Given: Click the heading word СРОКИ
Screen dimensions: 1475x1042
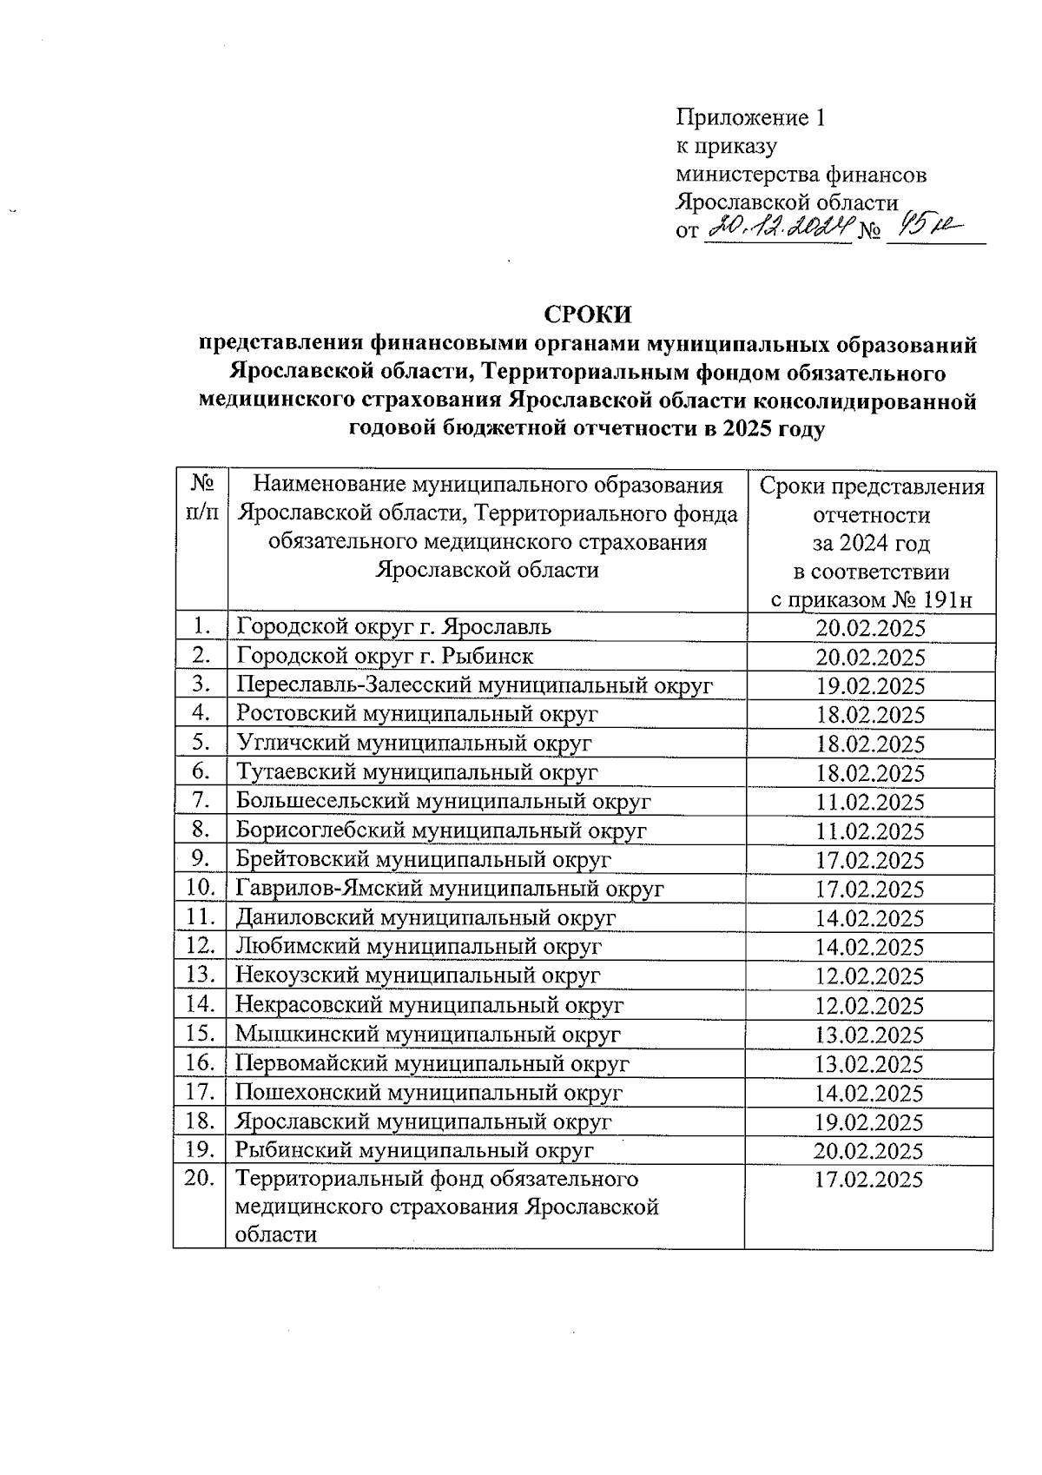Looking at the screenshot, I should [588, 314].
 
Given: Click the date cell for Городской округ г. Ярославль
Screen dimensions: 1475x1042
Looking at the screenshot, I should [870, 628].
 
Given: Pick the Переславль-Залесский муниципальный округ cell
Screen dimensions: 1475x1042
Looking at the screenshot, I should [474, 685].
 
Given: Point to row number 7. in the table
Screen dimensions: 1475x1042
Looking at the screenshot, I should [201, 801].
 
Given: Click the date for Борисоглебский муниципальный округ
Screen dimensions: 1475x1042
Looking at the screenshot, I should [870, 831].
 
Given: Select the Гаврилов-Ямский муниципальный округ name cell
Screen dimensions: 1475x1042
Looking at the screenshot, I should [450, 889].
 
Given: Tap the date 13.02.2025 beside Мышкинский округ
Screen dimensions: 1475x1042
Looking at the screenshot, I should [870, 1035].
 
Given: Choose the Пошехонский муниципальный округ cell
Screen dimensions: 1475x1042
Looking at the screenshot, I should [429, 1093].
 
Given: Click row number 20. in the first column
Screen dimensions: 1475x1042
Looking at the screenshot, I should [200, 1180].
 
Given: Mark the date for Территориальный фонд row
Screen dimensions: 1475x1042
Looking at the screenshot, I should [870, 1180].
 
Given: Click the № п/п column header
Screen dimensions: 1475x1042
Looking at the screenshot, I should [201, 498].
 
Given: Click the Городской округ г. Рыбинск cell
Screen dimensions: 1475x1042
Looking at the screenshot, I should [385, 656].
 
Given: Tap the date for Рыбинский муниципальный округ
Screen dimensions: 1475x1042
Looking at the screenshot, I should [868, 1152].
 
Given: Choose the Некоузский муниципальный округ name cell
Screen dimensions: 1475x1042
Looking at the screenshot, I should [418, 976].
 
